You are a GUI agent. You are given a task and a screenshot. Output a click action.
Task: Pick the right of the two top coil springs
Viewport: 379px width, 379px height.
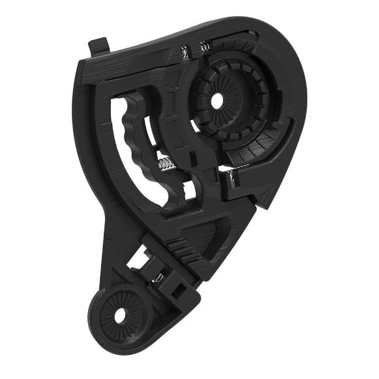pyautogui.click(x=204, y=46)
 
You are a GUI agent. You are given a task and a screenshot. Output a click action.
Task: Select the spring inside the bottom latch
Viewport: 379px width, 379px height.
pyautogui.click(x=157, y=279)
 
